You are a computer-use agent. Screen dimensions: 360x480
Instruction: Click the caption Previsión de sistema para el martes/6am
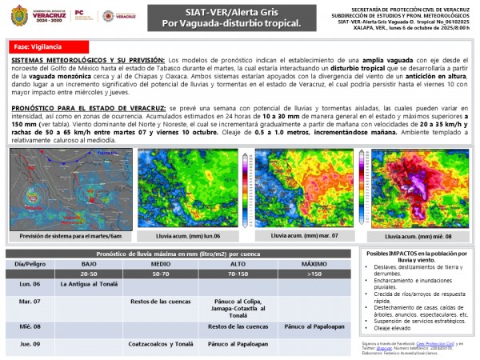pyautogui.click(x=71, y=236)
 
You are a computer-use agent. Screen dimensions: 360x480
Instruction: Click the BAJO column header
pyautogui.click(x=88, y=263)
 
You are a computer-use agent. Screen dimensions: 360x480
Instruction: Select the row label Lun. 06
pyautogui.click(x=30, y=284)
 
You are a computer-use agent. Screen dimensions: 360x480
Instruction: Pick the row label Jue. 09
pyautogui.click(x=30, y=344)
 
